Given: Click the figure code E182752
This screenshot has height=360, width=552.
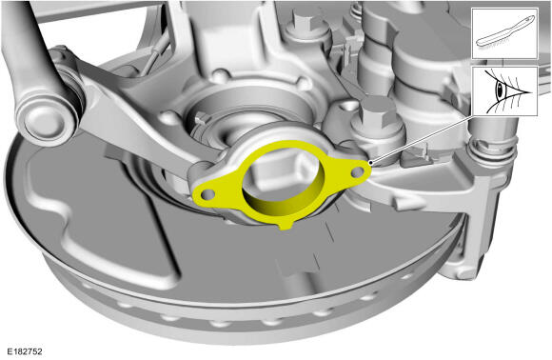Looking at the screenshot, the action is pos(25,351).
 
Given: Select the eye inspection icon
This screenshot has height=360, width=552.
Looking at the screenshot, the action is pos(504,90).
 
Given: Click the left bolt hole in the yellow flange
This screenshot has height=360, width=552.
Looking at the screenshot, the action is pos(207,193).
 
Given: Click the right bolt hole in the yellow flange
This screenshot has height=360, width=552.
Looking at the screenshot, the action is pos(358,172).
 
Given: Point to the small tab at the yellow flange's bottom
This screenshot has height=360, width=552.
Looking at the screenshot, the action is pos(286,226).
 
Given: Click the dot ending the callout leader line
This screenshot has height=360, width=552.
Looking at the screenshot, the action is pos(371,163).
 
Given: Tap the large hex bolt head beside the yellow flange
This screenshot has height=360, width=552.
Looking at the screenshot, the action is pos(374,112).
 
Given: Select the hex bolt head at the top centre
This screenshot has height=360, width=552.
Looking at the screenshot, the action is pos(307,24).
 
